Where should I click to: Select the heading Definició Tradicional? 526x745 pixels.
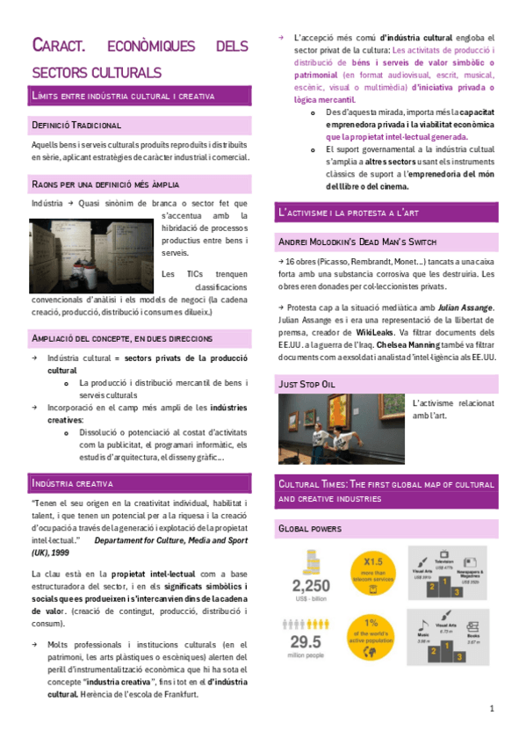point(76,126)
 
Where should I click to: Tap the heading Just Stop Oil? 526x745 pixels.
point(306,384)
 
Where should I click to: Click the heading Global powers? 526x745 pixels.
point(310,529)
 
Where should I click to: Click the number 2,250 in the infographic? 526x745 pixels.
point(316,586)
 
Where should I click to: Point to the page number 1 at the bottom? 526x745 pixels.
point(493,708)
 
